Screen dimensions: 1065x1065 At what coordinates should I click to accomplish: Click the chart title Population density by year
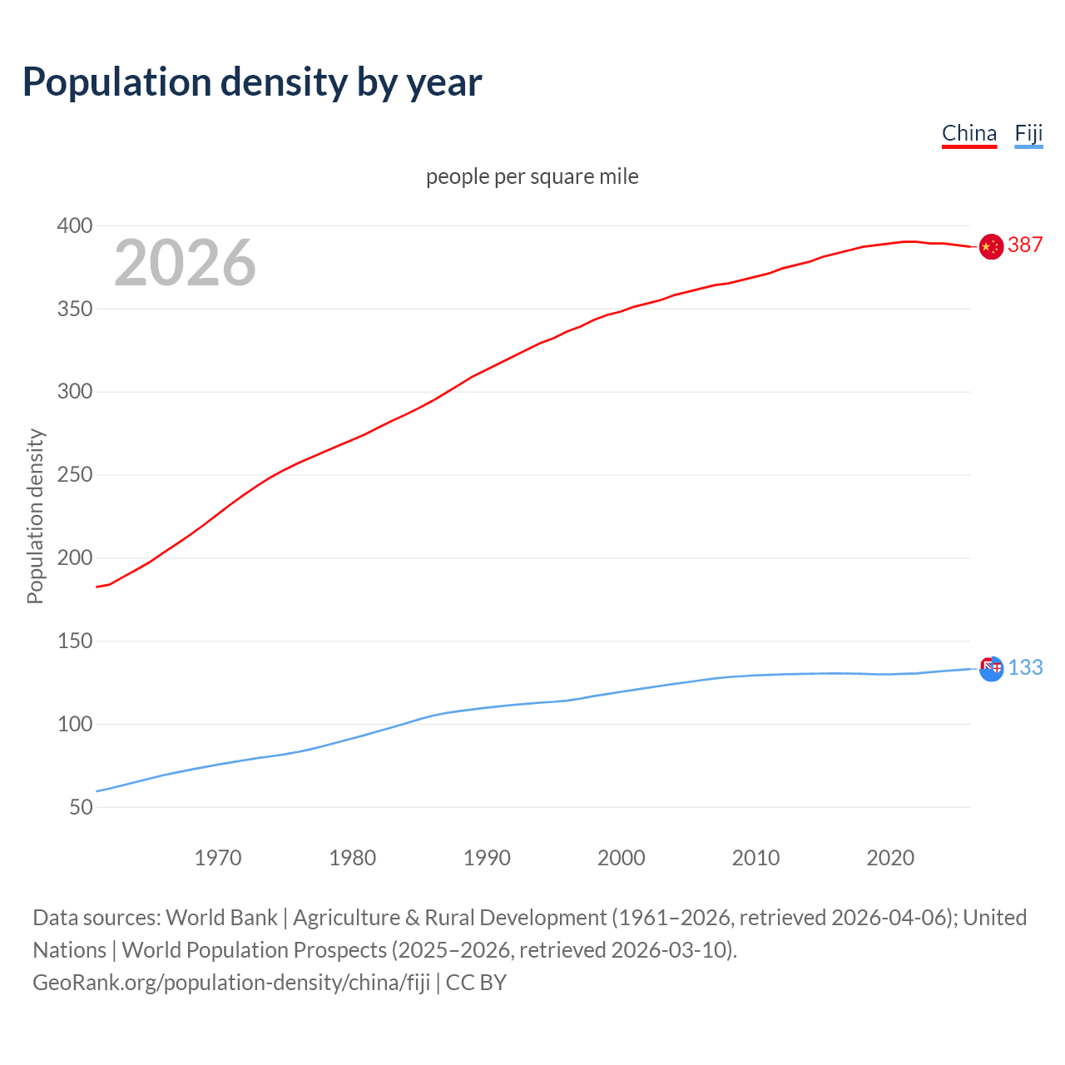(252, 82)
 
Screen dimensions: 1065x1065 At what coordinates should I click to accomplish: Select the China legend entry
(968, 134)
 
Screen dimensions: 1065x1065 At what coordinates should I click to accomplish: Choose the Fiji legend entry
(1028, 134)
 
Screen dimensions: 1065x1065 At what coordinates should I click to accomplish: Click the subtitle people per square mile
(532, 177)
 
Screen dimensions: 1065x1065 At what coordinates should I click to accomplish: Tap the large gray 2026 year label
(185, 263)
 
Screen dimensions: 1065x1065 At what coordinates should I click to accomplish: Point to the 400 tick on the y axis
(75, 226)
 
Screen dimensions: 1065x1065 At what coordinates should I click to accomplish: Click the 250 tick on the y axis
(75, 475)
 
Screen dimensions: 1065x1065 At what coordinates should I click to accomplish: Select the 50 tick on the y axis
(81, 807)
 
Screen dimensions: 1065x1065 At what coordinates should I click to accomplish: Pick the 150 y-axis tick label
(75, 641)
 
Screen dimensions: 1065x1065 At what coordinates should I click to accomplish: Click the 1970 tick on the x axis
(218, 858)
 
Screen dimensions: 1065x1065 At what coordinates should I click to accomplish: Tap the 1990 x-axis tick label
(487, 858)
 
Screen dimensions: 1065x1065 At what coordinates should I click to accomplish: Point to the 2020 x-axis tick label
(890, 858)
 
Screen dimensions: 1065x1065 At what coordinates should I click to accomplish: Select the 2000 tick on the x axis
(622, 858)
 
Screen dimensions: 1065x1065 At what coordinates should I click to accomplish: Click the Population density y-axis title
(35, 516)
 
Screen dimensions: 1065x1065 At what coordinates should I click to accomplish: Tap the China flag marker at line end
(990, 246)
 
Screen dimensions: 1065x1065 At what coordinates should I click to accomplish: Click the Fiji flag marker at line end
(991, 668)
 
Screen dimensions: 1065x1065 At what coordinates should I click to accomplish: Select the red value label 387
(1025, 245)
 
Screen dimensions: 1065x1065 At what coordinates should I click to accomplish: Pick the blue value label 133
(1026, 668)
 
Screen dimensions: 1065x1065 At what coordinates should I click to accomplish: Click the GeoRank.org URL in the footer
(231, 983)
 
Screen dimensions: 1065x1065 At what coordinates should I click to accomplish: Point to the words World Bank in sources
(221, 918)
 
